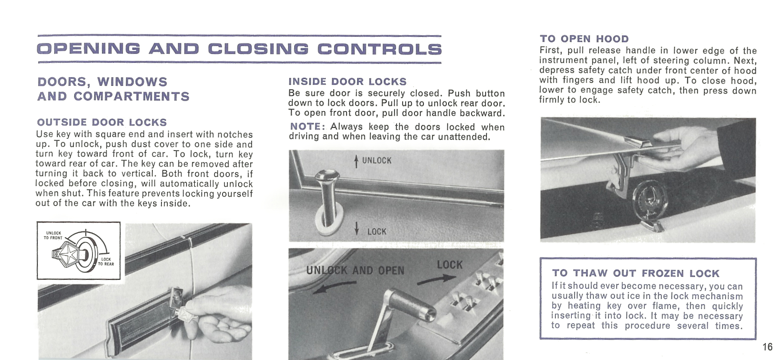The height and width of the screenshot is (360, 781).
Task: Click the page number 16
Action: (767, 347)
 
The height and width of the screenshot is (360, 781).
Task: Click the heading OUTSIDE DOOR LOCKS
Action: (102, 122)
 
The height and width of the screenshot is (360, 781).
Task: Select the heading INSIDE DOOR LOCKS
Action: (347, 82)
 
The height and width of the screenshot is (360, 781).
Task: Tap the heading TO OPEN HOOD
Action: (584, 39)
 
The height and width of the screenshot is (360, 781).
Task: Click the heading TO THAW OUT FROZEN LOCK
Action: (636, 273)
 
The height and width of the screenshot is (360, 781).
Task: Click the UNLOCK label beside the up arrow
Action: (377, 160)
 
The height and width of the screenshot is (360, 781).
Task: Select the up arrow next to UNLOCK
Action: (356, 161)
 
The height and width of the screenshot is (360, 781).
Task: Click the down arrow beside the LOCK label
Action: (357, 228)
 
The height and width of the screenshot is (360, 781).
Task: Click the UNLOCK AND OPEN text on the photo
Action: (355, 271)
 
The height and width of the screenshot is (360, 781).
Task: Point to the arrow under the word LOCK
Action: (431, 281)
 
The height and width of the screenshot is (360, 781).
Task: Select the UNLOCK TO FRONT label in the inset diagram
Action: (53, 236)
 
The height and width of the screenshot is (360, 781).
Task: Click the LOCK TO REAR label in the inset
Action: (106, 262)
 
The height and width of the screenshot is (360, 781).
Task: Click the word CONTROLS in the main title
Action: (379, 49)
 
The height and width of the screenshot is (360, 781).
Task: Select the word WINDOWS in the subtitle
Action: (132, 82)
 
